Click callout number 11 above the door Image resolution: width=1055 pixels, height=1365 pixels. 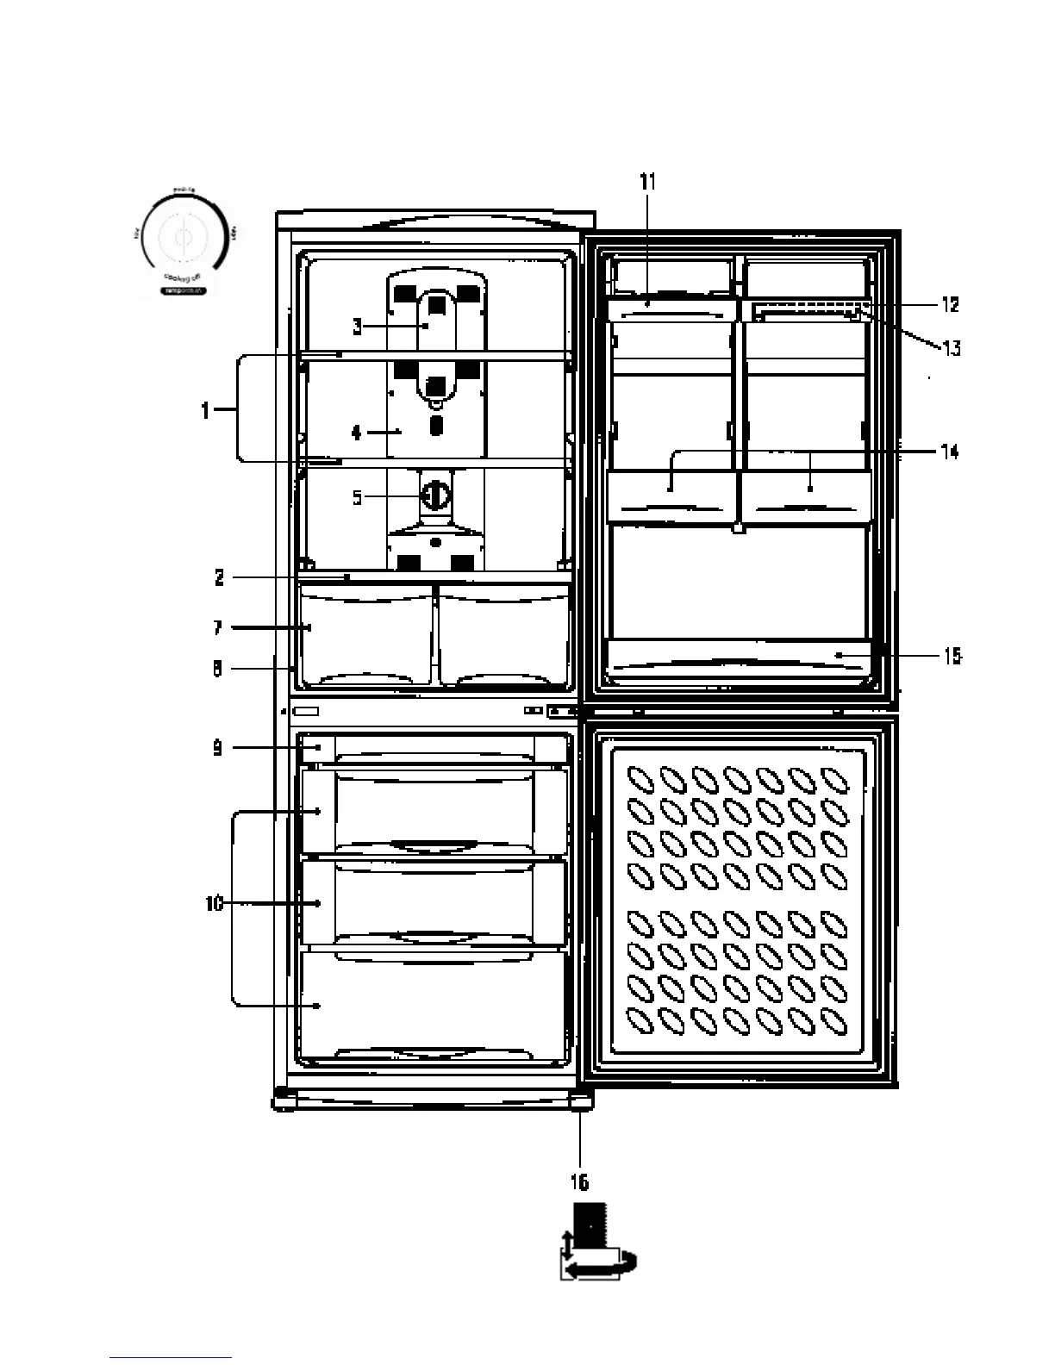tap(647, 181)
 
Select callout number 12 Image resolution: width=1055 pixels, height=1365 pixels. tap(950, 305)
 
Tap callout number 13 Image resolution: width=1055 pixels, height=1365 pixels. tap(950, 348)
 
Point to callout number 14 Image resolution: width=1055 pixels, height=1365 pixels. tap(950, 452)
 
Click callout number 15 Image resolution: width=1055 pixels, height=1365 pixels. tap(952, 657)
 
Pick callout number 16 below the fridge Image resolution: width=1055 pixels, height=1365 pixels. tap(580, 1181)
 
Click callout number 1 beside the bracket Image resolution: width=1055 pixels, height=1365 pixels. tap(205, 411)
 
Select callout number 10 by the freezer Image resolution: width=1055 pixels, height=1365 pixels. tap(214, 903)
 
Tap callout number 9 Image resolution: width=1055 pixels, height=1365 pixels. tap(219, 748)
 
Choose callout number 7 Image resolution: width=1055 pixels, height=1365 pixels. tap(219, 628)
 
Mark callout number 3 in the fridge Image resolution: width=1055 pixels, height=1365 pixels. tap(357, 326)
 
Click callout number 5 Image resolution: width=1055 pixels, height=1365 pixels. tap(357, 497)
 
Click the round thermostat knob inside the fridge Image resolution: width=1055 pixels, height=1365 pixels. tap(436, 496)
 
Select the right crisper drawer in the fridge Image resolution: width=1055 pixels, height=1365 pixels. tap(503, 635)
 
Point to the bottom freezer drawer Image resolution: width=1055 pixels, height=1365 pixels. tap(434, 1005)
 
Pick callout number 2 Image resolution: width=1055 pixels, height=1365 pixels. tap(219, 577)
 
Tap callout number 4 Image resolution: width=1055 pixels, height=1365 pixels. tap(357, 433)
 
